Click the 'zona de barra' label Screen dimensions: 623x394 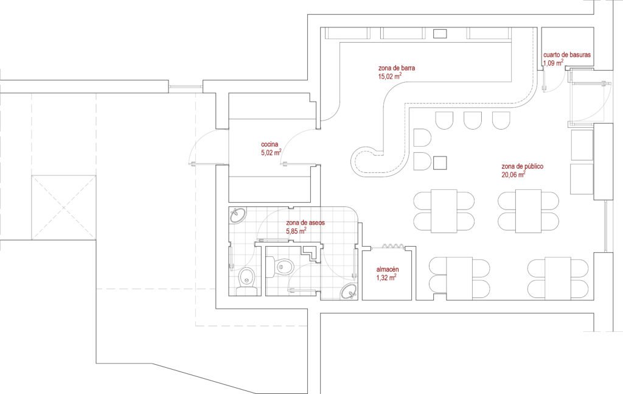(397, 68)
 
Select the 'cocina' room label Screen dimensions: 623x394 (270, 144)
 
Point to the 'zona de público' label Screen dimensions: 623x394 (522, 166)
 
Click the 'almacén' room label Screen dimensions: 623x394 (388, 270)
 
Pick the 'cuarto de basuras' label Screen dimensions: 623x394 (567, 55)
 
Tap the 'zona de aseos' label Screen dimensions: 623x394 (305, 223)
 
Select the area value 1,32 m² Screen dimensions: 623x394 (386, 278)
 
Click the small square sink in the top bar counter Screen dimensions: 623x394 (440, 33)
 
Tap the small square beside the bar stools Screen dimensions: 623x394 (440, 163)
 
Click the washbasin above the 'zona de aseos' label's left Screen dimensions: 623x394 (238, 216)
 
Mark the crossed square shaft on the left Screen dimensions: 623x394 (63, 207)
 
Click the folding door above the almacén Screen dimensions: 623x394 (393, 246)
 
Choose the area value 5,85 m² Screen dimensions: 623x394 (296, 231)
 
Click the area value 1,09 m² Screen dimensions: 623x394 (553, 63)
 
